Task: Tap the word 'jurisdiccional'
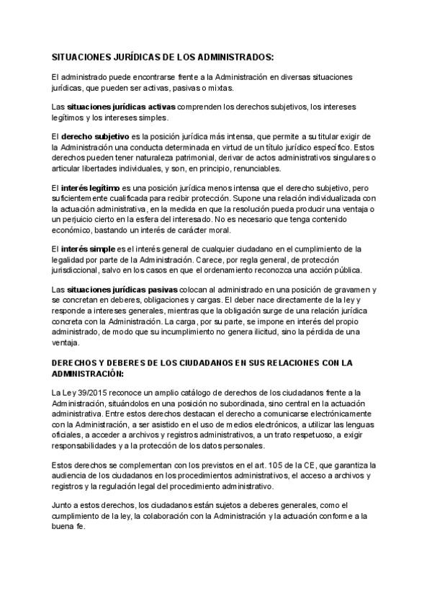80,269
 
